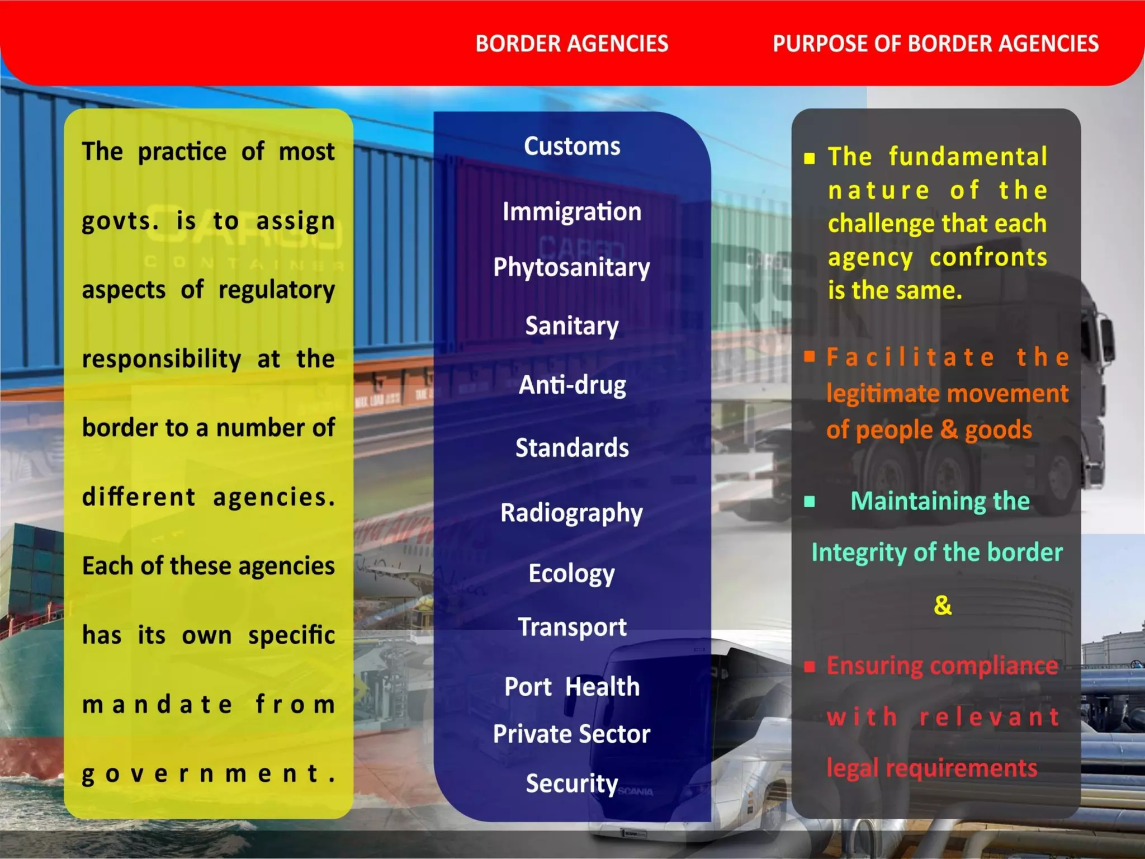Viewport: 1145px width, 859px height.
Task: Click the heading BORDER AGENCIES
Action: (571, 44)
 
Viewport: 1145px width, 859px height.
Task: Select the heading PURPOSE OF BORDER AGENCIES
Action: (935, 44)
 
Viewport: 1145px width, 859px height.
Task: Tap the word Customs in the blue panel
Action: (572, 147)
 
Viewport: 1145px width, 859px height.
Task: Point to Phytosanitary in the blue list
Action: (571, 268)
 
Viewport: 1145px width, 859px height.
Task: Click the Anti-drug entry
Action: (572, 385)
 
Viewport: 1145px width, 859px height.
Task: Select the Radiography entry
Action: (571, 513)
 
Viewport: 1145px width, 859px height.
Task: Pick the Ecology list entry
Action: (571, 574)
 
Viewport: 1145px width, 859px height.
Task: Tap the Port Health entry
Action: (572, 687)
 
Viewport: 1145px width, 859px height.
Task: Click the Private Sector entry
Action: (571, 734)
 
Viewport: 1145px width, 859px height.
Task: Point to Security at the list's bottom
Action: (571, 784)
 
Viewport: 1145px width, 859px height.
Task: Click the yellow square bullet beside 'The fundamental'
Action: (810, 158)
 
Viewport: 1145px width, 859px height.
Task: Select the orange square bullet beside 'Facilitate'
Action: (810, 357)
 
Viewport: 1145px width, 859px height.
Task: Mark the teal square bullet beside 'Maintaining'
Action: (809, 501)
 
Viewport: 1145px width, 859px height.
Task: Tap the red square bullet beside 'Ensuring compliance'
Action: (810, 666)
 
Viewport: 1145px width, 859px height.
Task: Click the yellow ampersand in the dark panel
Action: (943, 605)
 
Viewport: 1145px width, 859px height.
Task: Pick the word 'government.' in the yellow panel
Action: (209, 774)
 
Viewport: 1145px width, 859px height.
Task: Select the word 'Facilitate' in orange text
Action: (911, 357)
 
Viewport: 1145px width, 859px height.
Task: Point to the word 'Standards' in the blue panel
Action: (572, 448)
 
